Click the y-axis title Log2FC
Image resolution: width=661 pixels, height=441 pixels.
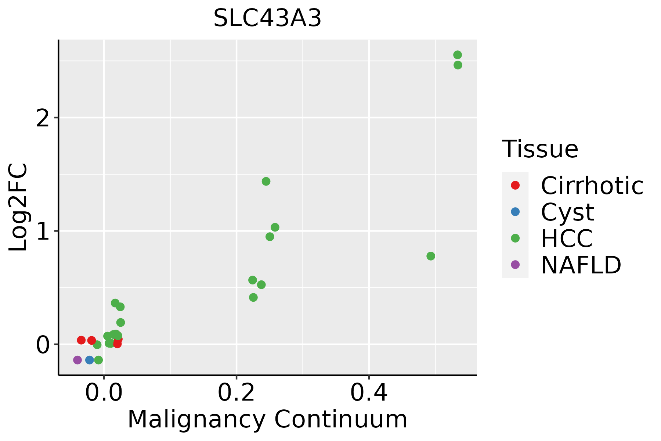click(x=18, y=207)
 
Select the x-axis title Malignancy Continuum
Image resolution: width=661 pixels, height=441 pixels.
click(x=267, y=420)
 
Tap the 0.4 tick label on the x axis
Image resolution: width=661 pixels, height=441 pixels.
click(x=369, y=393)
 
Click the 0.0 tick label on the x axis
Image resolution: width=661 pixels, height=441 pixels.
click(x=104, y=393)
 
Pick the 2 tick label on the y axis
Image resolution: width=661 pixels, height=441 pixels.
click(x=43, y=118)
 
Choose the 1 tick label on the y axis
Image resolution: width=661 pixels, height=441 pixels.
click(x=43, y=231)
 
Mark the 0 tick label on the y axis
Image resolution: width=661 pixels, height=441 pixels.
click(x=43, y=345)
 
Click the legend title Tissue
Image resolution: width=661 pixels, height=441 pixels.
click(x=540, y=149)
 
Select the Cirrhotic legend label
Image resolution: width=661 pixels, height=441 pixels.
click(x=592, y=186)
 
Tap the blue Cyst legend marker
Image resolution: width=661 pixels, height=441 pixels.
click(x=515, y=212)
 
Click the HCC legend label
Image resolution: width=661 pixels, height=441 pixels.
click(x=567, y=239)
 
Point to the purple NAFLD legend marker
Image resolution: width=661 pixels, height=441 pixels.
click(x=515, y=265)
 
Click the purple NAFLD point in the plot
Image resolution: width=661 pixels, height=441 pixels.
click(x=77, y=360)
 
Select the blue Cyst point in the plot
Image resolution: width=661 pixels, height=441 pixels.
click(x=90, y=360)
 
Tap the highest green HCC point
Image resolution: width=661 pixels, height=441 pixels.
click(x=458, y=55)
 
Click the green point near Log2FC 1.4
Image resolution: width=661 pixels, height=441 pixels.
click(x=266, y=181)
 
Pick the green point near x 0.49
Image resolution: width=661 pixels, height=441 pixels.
click(x=431, y=256)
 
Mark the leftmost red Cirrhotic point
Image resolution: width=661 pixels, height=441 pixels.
click(x=81, y=340)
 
